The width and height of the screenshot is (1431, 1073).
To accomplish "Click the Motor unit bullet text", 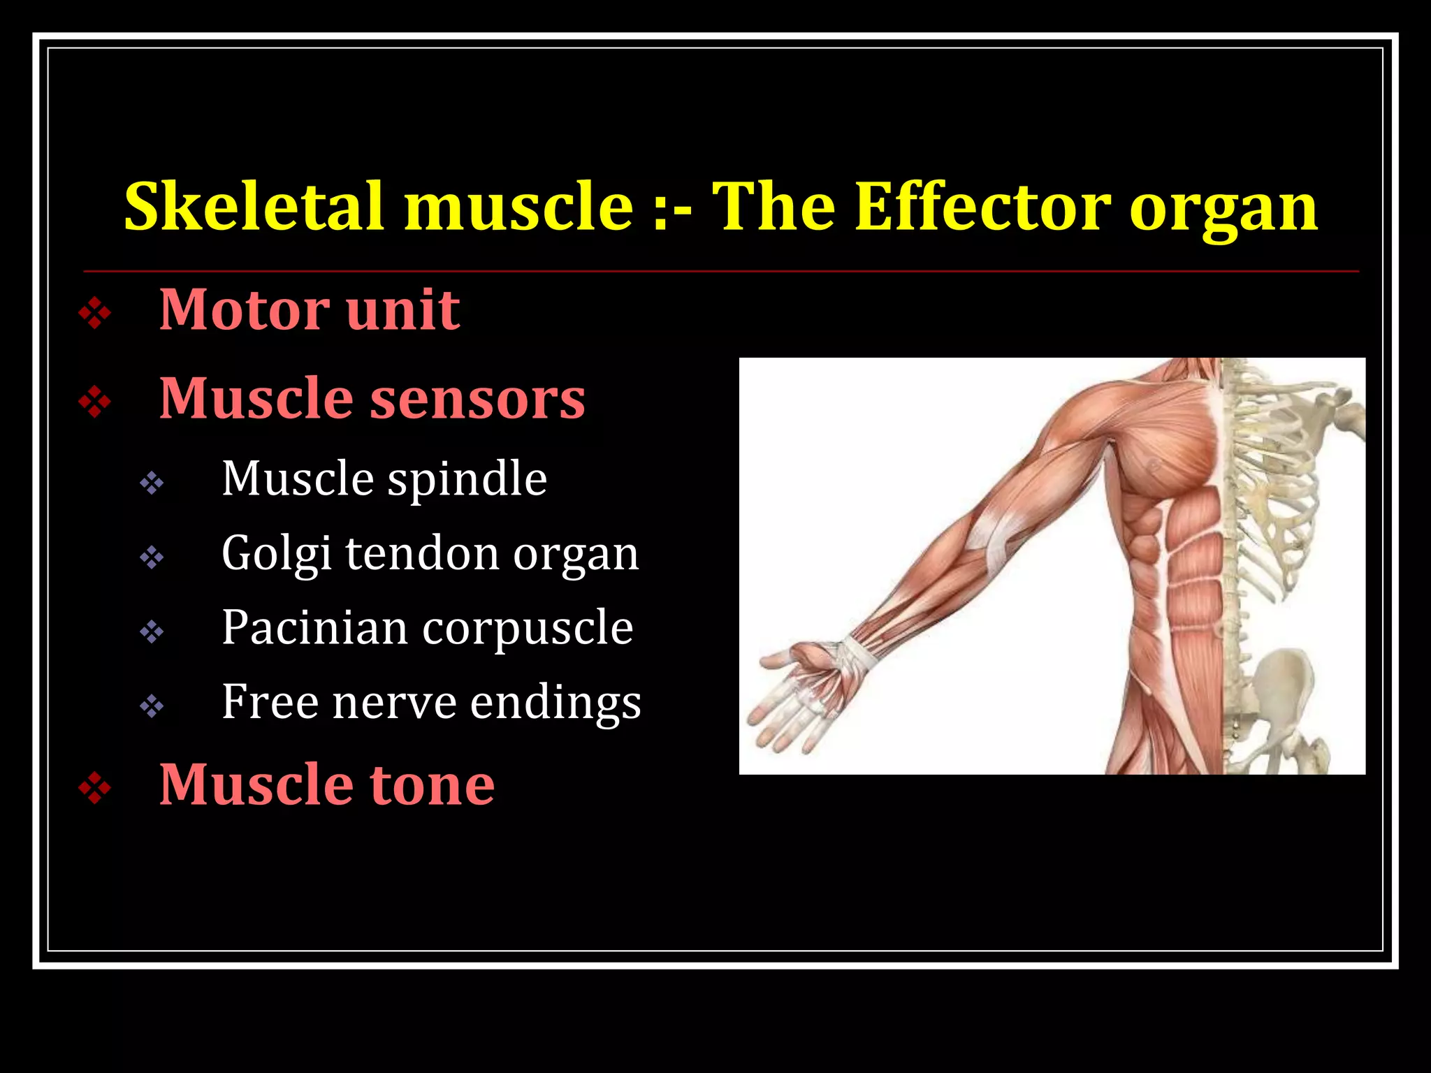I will tap(310, 309).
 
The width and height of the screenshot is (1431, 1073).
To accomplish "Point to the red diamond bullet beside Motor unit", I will tap(95, 314).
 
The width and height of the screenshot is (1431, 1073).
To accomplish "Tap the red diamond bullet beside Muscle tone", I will tap(95, 789).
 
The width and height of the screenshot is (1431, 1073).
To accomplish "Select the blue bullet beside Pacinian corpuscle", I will tap(152, 632).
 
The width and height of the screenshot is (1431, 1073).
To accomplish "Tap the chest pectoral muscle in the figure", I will tap(1160, 454).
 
